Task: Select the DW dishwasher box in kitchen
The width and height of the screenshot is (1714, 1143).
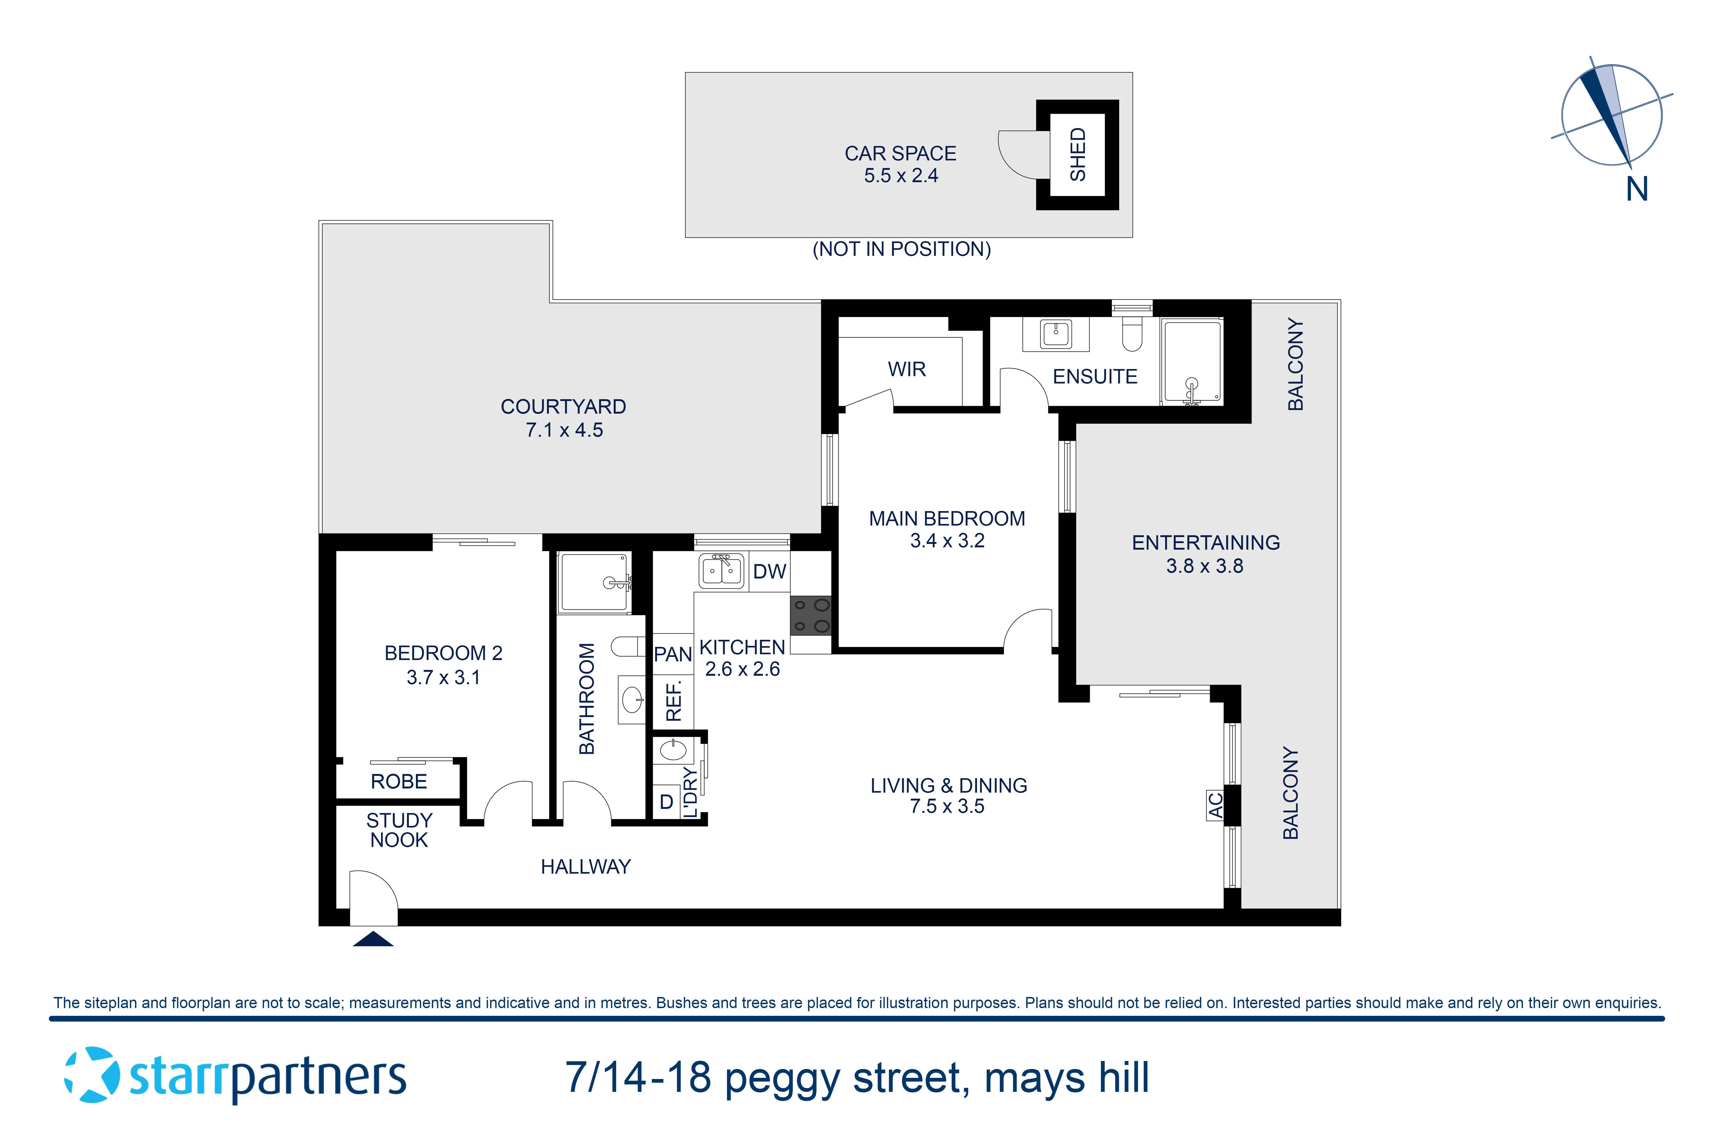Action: coord(770,571)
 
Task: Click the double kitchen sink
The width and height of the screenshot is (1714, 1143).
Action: coord(721,571)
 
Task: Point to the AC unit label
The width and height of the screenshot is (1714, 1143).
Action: coord(1215,805)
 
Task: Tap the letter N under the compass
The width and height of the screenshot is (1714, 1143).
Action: coord(1637,189)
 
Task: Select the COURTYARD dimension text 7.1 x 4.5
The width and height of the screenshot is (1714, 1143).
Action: coord(564,430)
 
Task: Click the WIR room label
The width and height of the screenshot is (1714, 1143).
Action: coord(906,369)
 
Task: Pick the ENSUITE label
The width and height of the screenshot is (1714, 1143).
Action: coord(1095,377)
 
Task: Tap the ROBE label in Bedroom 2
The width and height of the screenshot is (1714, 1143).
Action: coord(399,782)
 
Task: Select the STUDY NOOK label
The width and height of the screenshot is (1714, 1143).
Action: coord(399,830)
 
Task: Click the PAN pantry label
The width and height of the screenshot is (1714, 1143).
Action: coord(672,655)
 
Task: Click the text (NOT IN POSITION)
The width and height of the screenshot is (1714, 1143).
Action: coord(902,249)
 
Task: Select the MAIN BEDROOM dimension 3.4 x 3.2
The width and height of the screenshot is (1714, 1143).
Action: coord(947,541)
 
